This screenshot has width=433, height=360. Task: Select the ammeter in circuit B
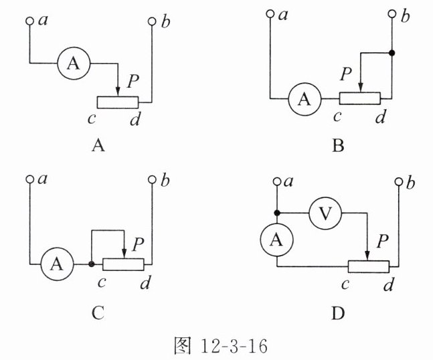tap(305, 99)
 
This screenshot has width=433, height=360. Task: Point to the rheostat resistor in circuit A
tap(118, 102)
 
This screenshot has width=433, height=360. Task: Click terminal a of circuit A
tap(29, 21)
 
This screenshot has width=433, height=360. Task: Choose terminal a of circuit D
tap(276, 181)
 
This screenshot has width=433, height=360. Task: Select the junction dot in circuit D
tap(276, 213)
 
